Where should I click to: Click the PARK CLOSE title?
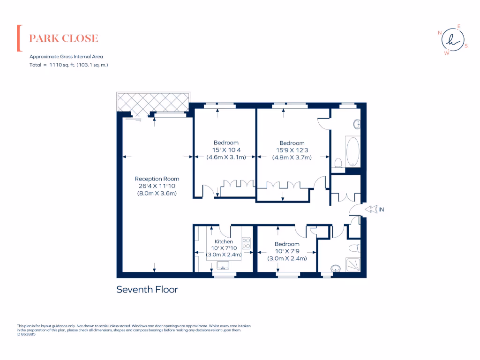point(64,38)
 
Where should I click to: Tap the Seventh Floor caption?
point(147,290)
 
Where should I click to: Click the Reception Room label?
point(157,179)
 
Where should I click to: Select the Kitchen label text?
point(224,242)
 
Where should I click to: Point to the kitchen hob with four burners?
point(247,243)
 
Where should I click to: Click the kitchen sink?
point(224,266)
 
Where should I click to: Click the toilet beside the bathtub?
point(338,163)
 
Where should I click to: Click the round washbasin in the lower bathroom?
point(335,269)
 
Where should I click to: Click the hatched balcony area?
point(152,102)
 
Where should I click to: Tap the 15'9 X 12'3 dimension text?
point(292,150)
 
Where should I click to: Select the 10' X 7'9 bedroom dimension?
point(287,251)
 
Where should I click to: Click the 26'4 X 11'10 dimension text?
point(157,186)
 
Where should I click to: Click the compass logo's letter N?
point(440,33)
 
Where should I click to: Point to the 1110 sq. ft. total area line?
point(69,65)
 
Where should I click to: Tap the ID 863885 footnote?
point(26,334)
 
